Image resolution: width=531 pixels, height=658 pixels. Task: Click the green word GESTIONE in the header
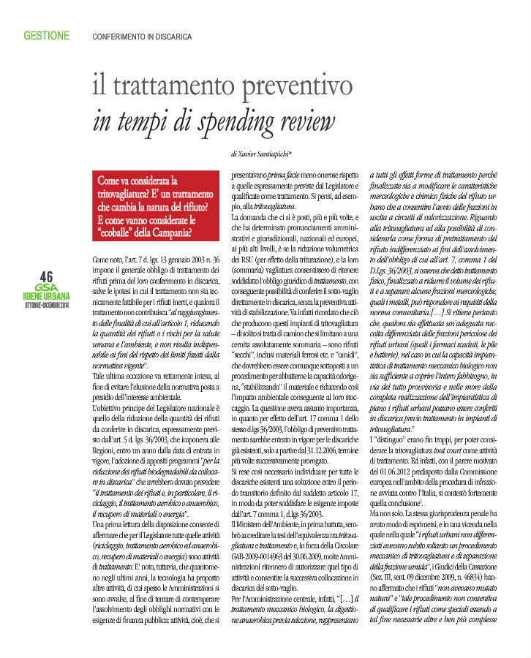coord(47,35)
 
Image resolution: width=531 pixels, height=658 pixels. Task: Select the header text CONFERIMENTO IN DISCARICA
coord(142,36)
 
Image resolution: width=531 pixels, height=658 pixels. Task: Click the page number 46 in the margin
coord(46,276)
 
